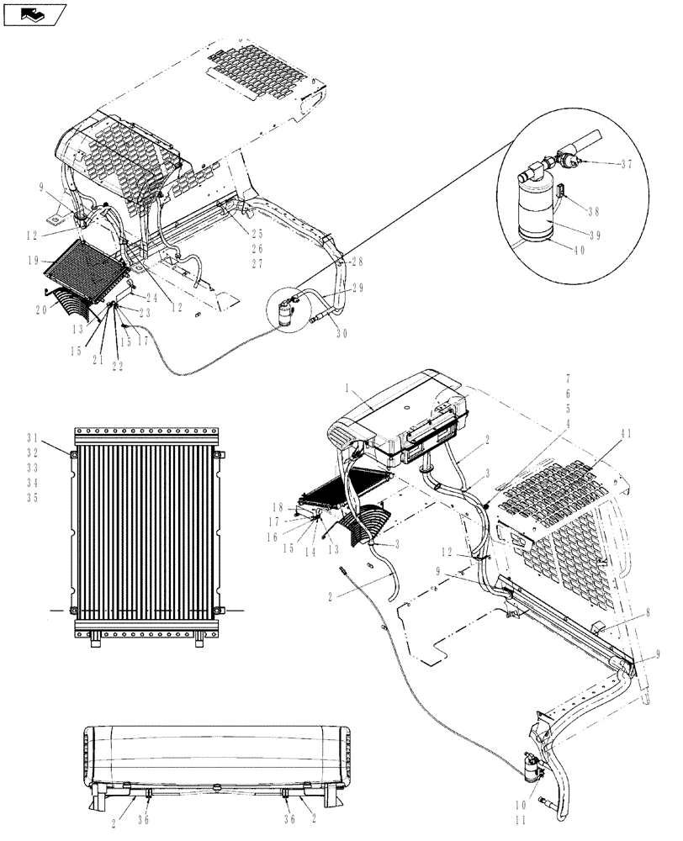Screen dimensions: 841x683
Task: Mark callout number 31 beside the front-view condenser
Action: [32, 436]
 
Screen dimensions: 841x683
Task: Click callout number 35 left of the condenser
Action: [32, 497]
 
